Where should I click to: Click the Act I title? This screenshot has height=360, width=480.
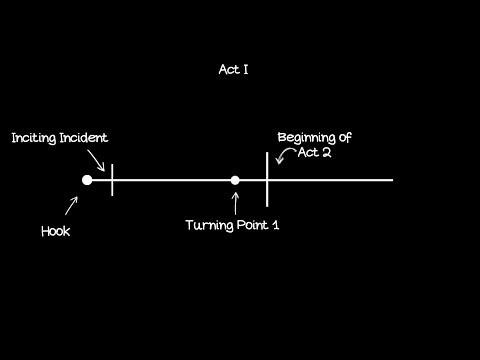coord(234,70)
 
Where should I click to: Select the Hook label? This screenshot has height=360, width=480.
coord(56,231)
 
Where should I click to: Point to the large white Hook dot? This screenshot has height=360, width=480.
coord(87,180)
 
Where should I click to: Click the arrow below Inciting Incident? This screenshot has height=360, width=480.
coord(96,158)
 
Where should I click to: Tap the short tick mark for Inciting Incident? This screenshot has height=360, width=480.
coord(112,180)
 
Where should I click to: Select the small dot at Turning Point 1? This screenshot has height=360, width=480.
coord(235,180)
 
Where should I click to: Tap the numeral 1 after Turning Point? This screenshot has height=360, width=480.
coord(276,225)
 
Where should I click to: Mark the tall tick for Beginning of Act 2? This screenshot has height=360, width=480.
coord(267,179)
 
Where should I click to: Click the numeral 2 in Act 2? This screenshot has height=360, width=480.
coord(326,154)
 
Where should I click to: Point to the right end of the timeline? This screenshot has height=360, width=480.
coord(392,180)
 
